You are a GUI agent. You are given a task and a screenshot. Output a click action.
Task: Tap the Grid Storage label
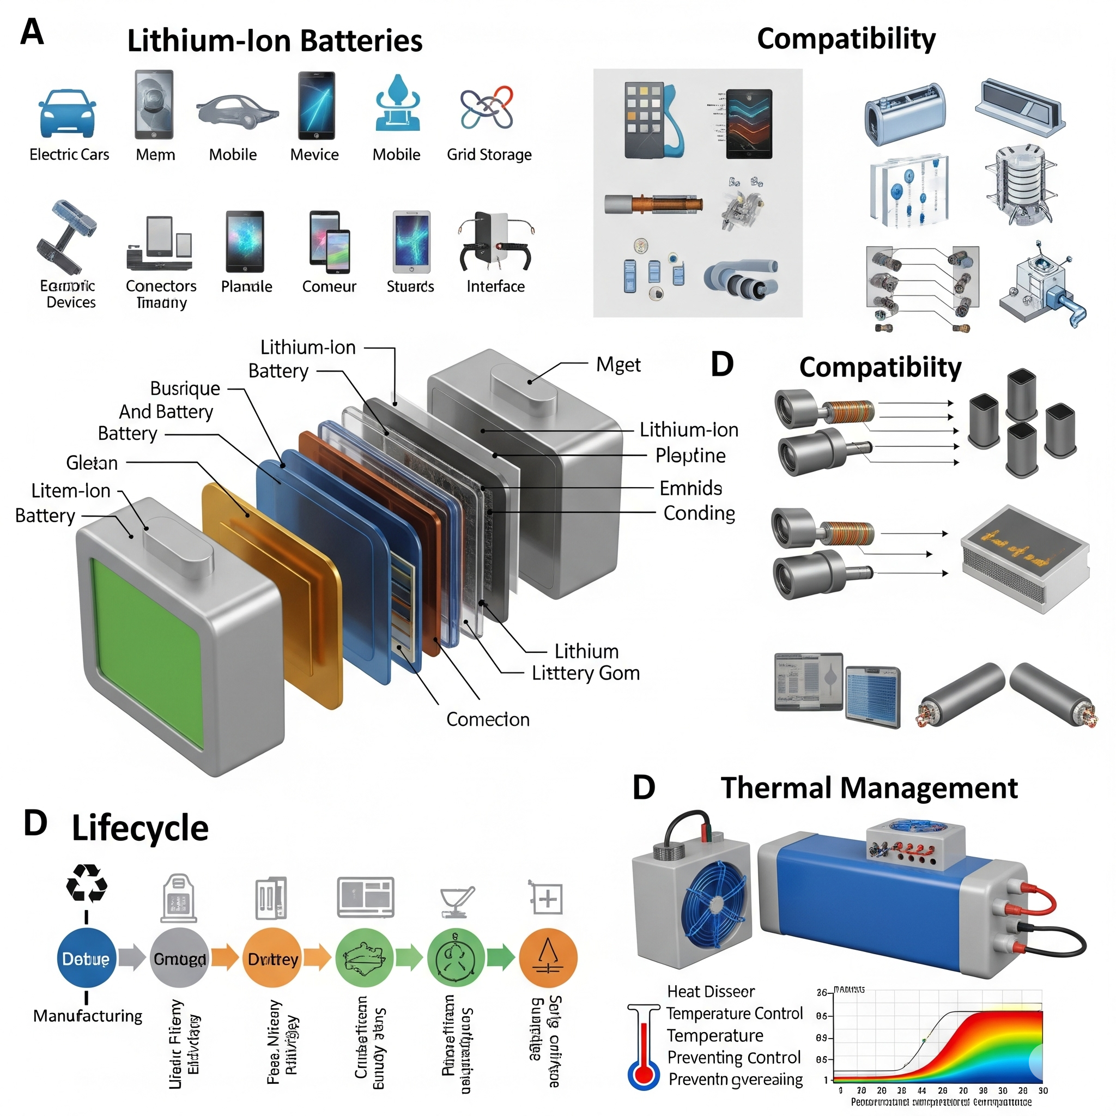point(489,155)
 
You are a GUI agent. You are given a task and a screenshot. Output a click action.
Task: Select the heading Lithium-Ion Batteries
point(275,41)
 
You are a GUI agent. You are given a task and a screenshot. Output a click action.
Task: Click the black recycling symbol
point(87,882)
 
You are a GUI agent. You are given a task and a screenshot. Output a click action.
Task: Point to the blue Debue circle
point(87,959)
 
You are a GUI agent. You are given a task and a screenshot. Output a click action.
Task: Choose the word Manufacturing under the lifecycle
point(88,1016)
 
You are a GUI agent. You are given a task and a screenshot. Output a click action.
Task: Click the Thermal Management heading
point(869,789)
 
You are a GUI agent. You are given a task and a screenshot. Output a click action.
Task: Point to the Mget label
point(618,365)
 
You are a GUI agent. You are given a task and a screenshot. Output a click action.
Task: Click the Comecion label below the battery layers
point(488,720)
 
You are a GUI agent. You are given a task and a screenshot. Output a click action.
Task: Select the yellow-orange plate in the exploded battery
point(271,595)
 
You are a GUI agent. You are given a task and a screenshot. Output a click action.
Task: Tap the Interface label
point(496,287)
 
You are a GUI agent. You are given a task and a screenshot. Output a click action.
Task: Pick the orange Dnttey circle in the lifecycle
point(272,959)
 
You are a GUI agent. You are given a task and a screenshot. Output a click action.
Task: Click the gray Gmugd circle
point(179,959)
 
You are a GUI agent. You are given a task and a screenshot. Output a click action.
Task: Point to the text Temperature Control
point(734,1014)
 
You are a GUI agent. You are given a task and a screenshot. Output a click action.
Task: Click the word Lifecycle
point(140,828)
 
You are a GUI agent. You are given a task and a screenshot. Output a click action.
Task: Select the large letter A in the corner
point(32,32)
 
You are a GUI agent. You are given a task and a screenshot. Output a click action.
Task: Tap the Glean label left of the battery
point(92,463)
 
